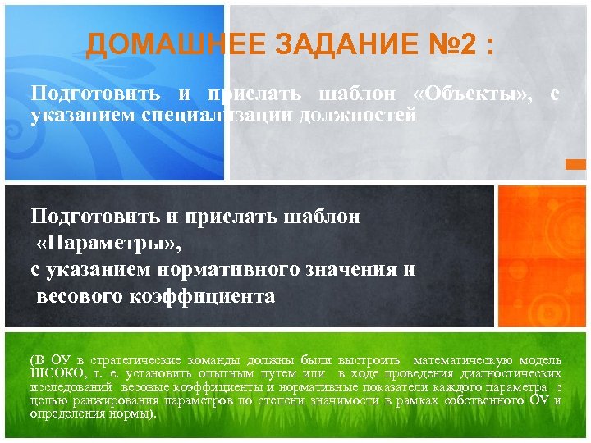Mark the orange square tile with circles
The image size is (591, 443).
pos(542,255)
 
